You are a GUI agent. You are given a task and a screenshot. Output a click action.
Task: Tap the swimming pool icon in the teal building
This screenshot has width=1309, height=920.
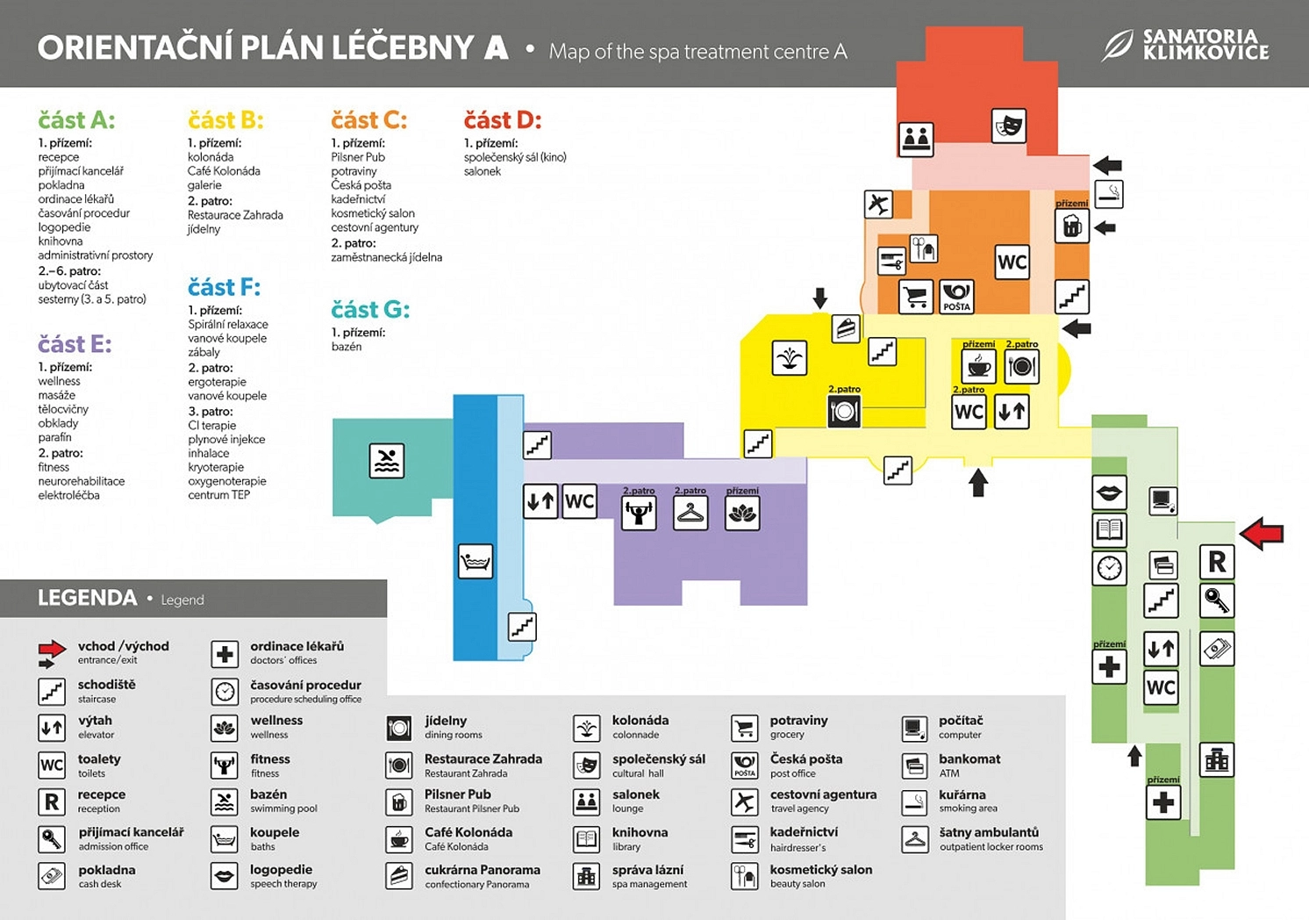click(387, 461)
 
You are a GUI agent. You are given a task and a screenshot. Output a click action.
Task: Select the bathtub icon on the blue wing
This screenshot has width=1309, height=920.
click(476, 562)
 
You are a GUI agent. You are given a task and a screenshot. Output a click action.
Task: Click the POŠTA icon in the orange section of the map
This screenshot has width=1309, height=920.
click(956, 297)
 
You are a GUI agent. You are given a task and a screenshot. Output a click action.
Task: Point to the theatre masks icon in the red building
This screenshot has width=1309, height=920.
click(1009, 126)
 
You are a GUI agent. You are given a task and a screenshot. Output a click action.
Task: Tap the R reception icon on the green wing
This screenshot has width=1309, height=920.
click(1217, 562)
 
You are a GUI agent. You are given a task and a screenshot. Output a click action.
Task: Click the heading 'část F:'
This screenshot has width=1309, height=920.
click(224, 287)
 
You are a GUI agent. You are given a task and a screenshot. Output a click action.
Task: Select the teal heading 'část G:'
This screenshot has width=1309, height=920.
click(370, 309)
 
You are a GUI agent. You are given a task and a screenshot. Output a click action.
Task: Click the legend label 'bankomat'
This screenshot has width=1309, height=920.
click(969, 758)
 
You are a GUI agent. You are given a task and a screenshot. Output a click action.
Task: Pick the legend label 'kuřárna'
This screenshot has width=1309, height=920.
click(962, 794)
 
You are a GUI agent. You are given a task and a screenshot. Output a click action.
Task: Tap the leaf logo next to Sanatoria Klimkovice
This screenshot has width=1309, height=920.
click(1117, 46)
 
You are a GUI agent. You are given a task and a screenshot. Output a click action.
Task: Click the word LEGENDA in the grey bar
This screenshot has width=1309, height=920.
click(88, 598)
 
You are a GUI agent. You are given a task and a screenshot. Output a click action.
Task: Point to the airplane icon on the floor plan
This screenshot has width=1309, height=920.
click(878, 205)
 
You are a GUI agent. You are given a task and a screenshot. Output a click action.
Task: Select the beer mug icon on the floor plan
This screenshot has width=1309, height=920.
click(1072, 226)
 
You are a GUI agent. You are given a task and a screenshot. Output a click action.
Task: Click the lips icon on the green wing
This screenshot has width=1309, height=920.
click(1109, 492)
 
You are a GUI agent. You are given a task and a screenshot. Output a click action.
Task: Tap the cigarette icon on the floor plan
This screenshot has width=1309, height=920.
click(1109, 194)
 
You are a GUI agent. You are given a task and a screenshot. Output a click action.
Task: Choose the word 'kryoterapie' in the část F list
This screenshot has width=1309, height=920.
click(216, 467)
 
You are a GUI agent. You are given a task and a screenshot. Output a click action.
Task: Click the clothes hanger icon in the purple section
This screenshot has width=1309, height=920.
click(690, 513)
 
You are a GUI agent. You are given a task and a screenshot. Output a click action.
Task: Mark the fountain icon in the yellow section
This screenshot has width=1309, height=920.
click(790, 357)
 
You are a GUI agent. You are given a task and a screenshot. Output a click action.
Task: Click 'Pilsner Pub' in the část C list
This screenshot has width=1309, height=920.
click(358, 157)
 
